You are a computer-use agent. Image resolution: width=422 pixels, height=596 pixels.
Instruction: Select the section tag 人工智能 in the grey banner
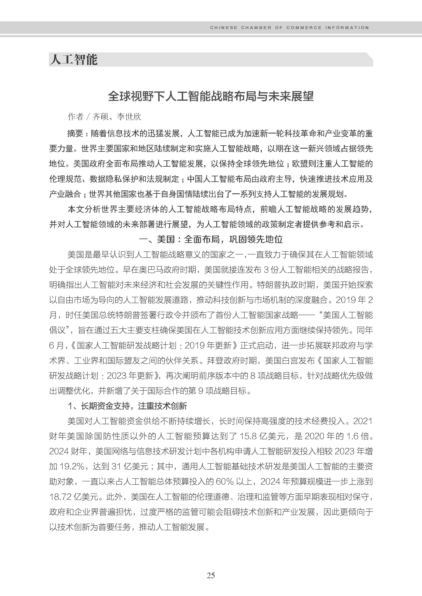click(x=74, y=59)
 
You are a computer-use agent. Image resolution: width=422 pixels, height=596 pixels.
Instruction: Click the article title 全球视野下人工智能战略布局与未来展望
click(x=211, y=96)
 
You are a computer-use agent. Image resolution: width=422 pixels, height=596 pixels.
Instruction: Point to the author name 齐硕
click(x=100, y=117)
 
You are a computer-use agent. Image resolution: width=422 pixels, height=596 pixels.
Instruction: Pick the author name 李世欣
click(x=129, y=117)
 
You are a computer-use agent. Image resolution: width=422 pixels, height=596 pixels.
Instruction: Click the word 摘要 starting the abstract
click(x=75, y=134)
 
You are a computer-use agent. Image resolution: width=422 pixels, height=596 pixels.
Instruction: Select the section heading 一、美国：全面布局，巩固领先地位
click(x=211, y=239)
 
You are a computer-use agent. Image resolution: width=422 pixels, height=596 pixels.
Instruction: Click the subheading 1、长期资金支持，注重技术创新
click(x=127, y=406)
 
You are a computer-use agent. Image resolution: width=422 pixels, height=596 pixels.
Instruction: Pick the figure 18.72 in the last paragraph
click(x=60, y=497)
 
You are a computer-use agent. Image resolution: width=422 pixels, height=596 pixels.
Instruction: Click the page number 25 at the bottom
click(x=211, y=575)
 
